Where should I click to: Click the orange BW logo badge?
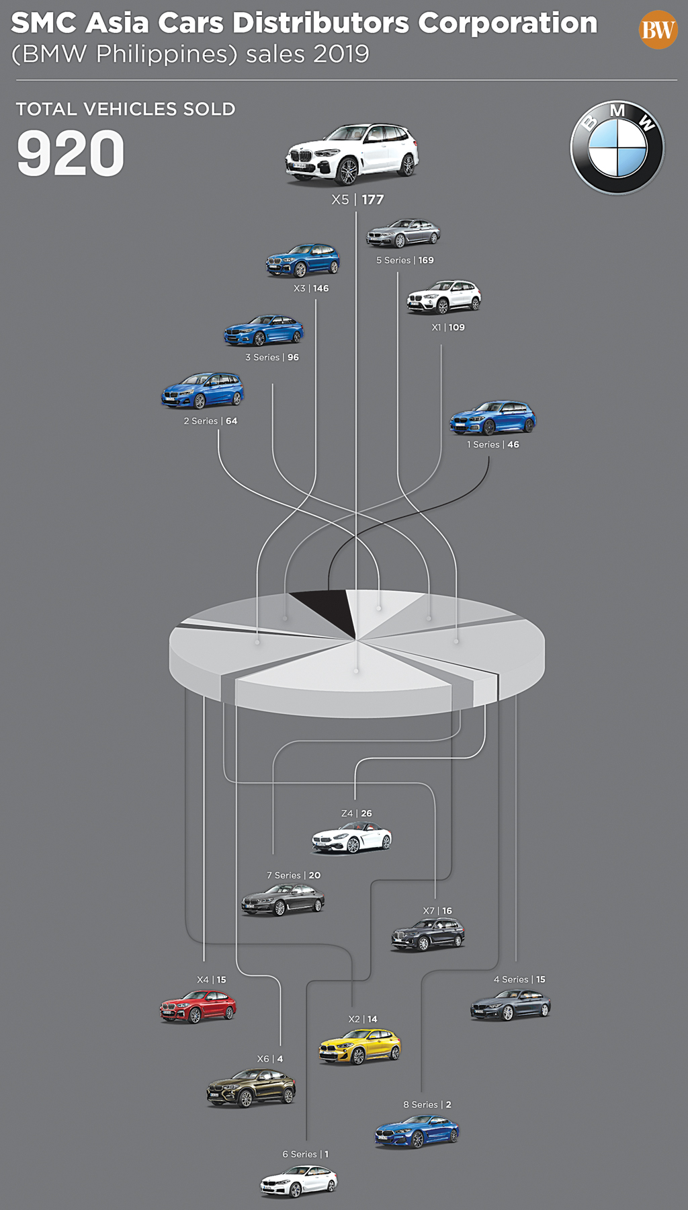pyautogui.click(x=658, y=30)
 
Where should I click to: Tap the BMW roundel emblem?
pyautogui.click(x=617, y=149)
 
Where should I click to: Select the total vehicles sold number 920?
pyautogui.click(x=71, y=154)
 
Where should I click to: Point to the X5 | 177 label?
pyautogui.click(x=357, y=200)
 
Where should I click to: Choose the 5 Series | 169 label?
pyautogui.click(x=404, y=260)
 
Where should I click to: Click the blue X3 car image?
pyautogui.click(x=303, y=260)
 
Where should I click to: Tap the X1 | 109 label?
pyautogui.click(x=448, y=327)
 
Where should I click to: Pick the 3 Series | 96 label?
pyautogui.click(x=272, y=357)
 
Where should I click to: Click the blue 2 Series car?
pyautogui.click(x=202, y=391)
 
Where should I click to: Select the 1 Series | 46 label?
pyautogui.click(x=493, y=444)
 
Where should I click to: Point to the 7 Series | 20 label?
pyautogui.click(x=294, y=875)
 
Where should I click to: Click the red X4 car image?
pyautogui.click(x=198, y=1006)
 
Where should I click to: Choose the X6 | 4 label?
pyautogui.click(x=270, y=1059)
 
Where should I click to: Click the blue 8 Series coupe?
pyautogui.click(x=417, y=1131)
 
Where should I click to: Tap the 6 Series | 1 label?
pyautogui.click(x=306, y=1154)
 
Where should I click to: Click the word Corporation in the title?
pyautogui.click(x=507, y=24)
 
